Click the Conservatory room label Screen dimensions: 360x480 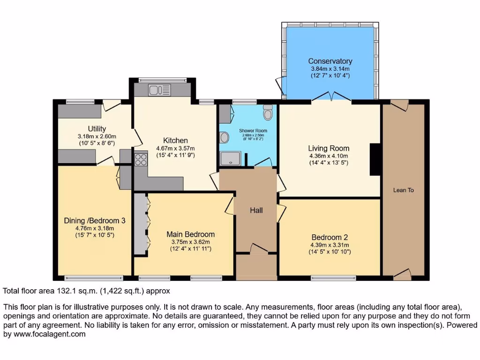[x=330, y=61]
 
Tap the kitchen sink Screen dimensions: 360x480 [x=159, y=89]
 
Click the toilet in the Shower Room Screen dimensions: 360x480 [x=268, y=113]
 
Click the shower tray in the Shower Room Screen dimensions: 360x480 [x=230, y=158]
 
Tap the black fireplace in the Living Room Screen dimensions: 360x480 [x=375, y=159]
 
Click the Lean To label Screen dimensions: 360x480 [x=403, y=190]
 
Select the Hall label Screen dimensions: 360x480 [x=256, y=210]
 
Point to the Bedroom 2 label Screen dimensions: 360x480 [x=330, y=237]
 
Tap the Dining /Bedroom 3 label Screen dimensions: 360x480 [x=94, y=220]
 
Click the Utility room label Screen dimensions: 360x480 [x=97, y=129]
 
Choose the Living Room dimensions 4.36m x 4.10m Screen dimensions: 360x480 [x=329, y=156]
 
